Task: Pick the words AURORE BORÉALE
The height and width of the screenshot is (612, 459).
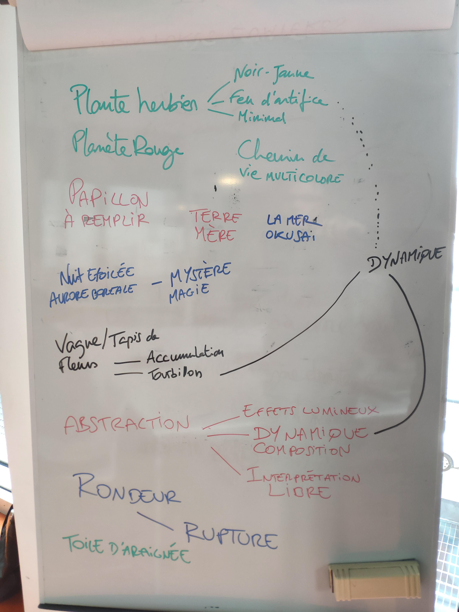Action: (93, 294)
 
